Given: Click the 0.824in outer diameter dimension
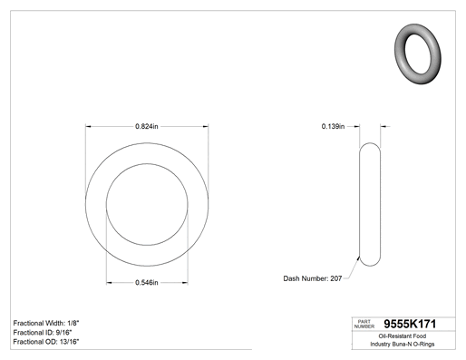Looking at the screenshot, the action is click(147, 126).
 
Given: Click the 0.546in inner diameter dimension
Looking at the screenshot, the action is click(147, 283).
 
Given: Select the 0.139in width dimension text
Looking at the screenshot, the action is click(333, 126).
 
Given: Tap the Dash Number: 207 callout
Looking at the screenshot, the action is click(313, 278).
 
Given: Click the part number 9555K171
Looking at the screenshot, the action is click(410, 324).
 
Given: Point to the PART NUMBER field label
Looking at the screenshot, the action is click(364, 324).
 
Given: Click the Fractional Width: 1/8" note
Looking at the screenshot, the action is click(46, 323).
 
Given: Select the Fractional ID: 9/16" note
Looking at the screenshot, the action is click(43, 333).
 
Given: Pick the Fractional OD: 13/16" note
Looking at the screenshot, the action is click(46, 342).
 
